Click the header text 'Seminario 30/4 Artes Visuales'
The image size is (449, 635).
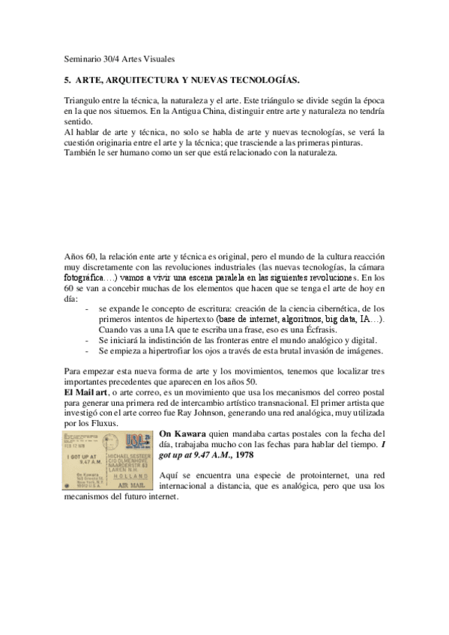(120, 58)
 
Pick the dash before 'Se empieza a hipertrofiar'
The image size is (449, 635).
(88, 350)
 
